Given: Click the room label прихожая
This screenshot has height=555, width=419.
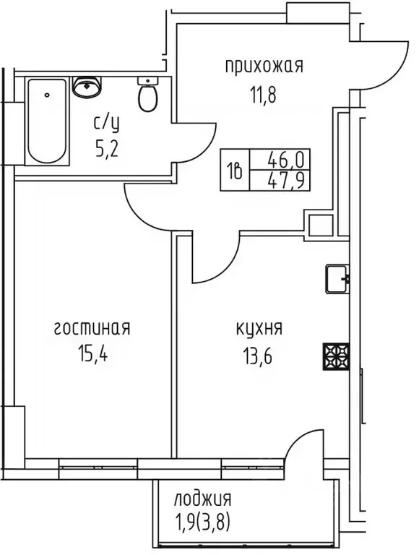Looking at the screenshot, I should point(263,67).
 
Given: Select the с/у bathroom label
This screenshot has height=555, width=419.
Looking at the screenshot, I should point(106,123).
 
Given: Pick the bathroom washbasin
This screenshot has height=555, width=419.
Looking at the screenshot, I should point(89,86).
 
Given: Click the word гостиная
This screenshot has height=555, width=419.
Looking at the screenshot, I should point(91,330).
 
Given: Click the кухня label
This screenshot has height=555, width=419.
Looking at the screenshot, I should point(259,330).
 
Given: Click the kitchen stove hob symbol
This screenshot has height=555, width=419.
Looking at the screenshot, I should point(336,356).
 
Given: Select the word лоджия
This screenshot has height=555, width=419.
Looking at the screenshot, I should point(203,499).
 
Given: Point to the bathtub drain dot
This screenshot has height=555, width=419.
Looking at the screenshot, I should point(47,95).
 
